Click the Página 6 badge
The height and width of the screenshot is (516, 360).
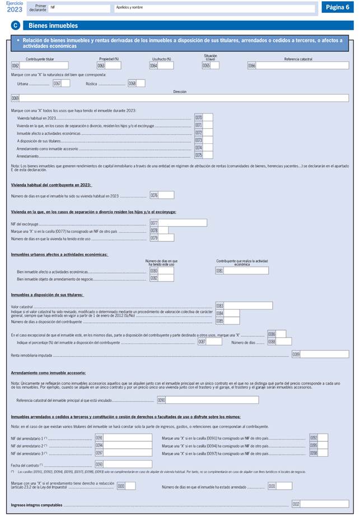(x=337, y=7)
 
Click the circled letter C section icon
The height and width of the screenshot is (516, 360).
(x=16, y=26)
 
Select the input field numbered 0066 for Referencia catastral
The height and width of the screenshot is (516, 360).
(x=302, y=65)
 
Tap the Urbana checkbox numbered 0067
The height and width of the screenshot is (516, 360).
(x=66, y=83)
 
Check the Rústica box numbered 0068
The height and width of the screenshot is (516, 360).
(x=141, y=83)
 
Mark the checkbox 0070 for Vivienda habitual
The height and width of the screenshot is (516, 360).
(x=208, y=118)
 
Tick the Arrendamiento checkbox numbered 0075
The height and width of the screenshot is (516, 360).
(x=208, y=155)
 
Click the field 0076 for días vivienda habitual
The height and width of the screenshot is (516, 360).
(x=166, y=195)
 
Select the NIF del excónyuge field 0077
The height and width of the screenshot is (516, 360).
(x=183, y=223)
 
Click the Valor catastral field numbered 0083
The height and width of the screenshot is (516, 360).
(x=248, y=306)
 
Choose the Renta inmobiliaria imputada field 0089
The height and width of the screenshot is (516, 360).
(x=325, y=354)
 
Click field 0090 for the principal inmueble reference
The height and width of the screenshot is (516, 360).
(x=212, y=400)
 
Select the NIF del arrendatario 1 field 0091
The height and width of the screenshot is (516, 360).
(x=128, y=438)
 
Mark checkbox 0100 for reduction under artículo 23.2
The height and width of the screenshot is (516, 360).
(x=130, y=486)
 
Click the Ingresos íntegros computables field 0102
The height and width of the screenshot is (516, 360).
(x=325, y=504)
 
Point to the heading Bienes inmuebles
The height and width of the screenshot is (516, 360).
(x=53, y=26)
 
